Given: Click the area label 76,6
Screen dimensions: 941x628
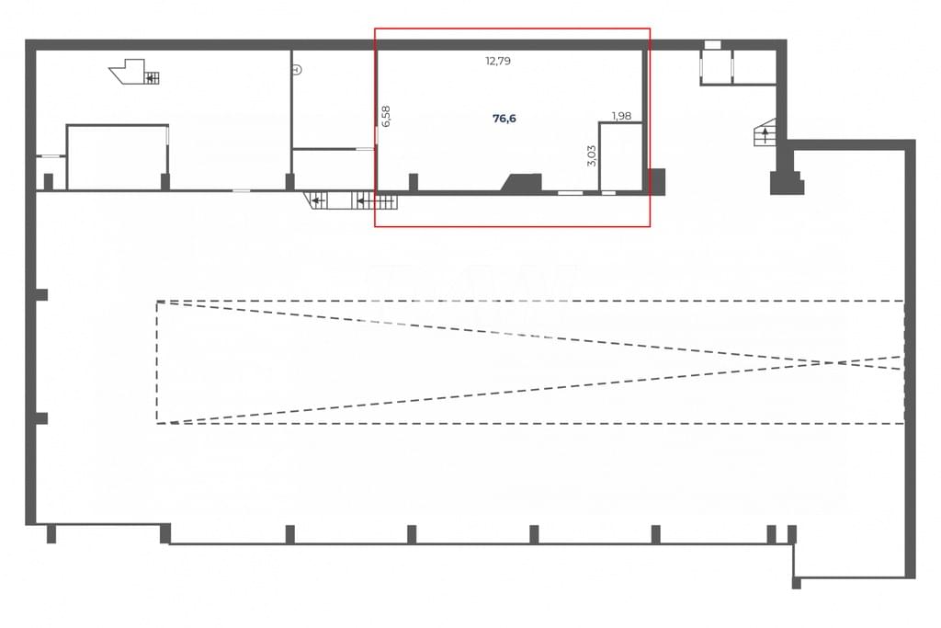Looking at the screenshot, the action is click(x=505, y=119).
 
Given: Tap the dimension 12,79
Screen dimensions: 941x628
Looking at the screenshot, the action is click(x=498, y=61).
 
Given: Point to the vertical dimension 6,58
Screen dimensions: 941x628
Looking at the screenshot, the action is click(x=386, y=116).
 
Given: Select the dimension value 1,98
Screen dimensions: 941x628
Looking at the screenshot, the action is click(x=621, y=115).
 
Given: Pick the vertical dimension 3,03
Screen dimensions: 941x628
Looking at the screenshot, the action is click(x=592, y=155).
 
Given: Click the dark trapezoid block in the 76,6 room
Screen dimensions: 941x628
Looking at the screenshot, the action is click(x=522, y=183).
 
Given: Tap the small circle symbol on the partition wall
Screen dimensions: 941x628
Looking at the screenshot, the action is click(x=297, y=70).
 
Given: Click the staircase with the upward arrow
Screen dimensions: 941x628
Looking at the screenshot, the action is click(x=765, y=133).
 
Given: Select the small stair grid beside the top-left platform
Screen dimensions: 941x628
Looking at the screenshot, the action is click(x=153, y=78).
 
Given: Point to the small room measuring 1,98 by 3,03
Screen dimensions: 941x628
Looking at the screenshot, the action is click(x=621, y=156).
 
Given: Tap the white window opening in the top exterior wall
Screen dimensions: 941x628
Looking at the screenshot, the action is click(x=712, y=45).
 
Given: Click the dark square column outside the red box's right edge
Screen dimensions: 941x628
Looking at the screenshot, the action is click(x=657, y=181).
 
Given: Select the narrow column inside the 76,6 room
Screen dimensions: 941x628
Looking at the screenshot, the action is click(x=414, y=182).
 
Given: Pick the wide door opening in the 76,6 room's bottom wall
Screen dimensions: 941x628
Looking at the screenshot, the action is click(x=570, y=193).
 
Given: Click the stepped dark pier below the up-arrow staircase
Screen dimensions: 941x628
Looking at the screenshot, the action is click(x=787, y=183).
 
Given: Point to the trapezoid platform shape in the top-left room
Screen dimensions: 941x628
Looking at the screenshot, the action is click(x=128, y=71).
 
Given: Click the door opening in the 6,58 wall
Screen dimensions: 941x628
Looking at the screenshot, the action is click(x=377, y=135).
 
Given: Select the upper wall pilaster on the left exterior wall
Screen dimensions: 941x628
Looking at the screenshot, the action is click(x=41, y=295).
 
